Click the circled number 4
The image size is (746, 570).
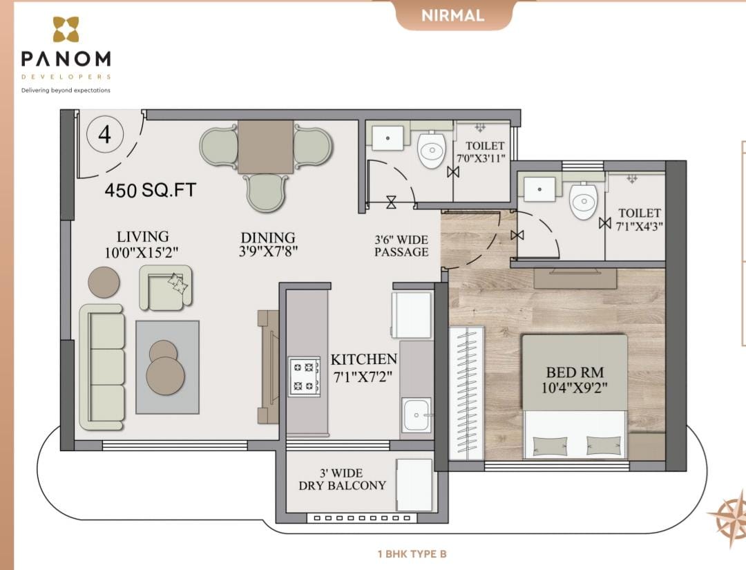105,135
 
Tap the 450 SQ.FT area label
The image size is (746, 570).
151,190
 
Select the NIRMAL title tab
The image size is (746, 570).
452,15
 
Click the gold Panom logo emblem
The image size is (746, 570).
66,30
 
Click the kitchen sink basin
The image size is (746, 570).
417,415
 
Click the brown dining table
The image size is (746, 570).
265,146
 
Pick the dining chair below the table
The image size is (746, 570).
267,192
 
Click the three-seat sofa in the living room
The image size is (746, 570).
102,368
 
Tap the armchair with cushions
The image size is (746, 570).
166,288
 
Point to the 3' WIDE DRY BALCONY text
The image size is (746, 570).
342,479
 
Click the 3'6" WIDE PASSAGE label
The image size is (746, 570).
401,245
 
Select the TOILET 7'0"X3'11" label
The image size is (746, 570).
481,152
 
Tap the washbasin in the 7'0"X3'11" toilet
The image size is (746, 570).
388,138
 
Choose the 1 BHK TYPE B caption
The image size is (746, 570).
412,554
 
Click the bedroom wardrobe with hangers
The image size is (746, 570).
467,393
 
